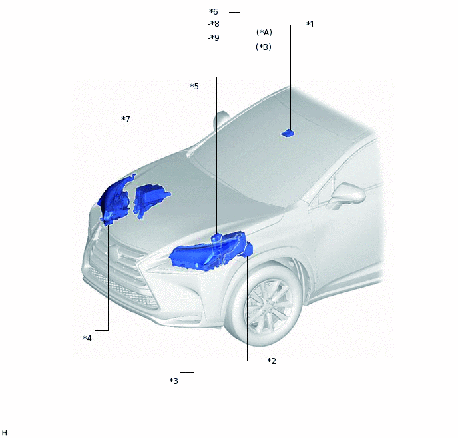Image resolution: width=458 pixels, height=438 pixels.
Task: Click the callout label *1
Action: (x=310, y=25)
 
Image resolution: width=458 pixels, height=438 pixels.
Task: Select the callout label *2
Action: (x=272, y=361)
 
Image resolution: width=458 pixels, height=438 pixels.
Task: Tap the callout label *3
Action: (x=174, y=381)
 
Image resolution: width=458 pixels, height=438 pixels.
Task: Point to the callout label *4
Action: (x=87, y=338)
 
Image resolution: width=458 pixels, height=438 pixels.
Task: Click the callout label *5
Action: (x=194, y=87)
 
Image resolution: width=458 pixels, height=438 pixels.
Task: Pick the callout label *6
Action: (x=214, y=12)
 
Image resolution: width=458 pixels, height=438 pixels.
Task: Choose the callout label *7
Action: (x=126, y=119)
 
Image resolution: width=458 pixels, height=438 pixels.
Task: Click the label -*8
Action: (x=213, y=24)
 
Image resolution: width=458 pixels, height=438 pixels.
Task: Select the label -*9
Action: (x=213, y=38)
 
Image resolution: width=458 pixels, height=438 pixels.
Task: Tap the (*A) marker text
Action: (x=264, y=33)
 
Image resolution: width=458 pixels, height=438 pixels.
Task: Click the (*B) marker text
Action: (x=264, y=47)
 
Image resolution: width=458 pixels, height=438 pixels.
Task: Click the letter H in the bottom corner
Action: (x=5, y=433)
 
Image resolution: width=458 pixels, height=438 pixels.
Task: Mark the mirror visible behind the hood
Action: (x=219, y=121)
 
